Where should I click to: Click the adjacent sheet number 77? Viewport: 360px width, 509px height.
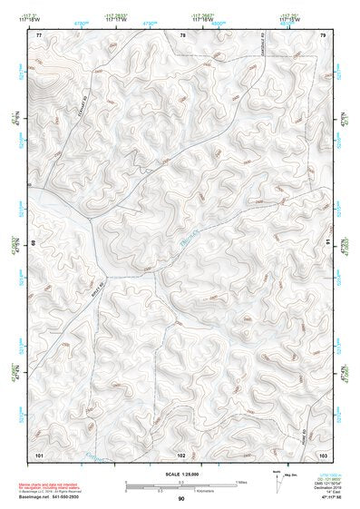[x=39, y=34]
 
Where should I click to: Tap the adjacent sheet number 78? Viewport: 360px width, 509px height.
[x=181, y=34]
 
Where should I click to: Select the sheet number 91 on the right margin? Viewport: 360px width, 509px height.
[x=328, y=243]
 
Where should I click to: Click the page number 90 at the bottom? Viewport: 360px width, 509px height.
[x=181, y=499]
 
